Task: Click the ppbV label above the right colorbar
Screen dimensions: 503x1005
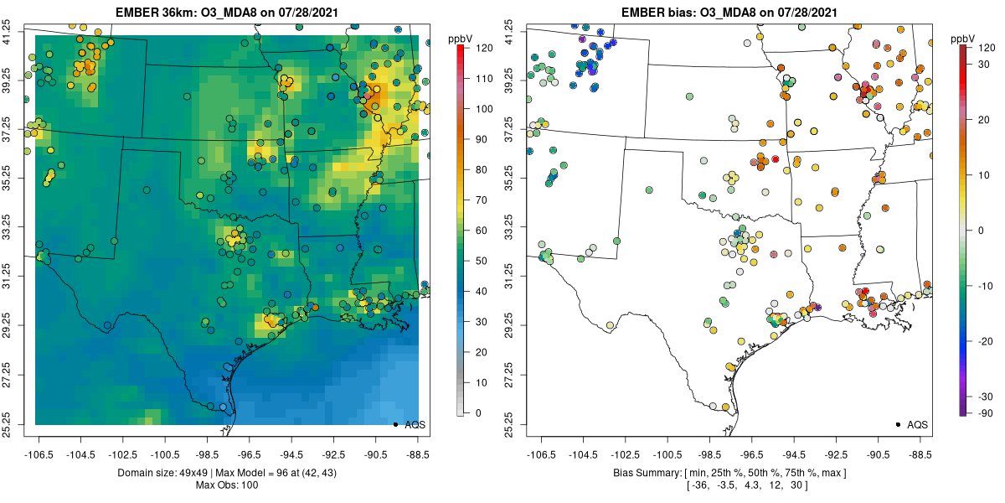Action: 963,39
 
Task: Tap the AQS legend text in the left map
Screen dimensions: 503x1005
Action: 415,424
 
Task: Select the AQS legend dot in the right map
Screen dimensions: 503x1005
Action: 897,424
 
